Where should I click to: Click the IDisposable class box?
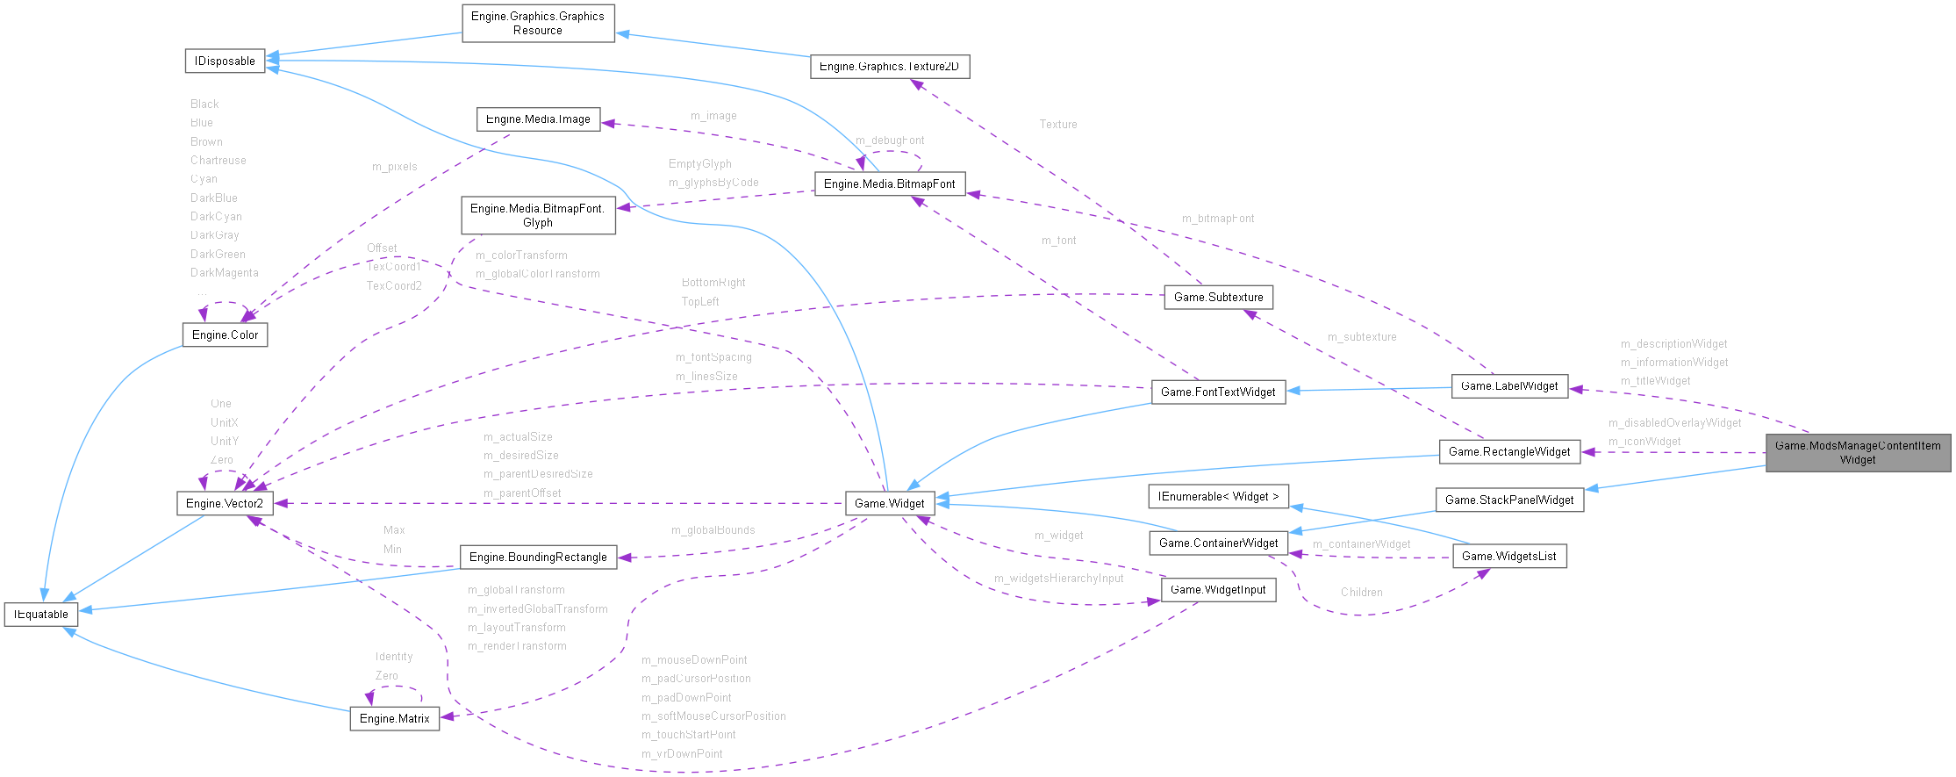(x=225, y=61)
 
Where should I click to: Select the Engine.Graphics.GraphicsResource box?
(x=538, y=24)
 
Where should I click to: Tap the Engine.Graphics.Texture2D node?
(x=889, y=67)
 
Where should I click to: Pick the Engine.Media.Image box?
(x=538, y=119)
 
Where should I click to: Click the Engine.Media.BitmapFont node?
(x=889, y=184)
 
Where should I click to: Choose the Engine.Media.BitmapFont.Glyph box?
(x=538, y=216)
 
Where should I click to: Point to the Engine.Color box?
(x=225, y=335)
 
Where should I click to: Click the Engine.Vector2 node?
(x=225, y=504)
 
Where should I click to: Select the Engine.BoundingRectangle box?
(x=538, y=558)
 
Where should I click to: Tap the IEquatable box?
(x=41, y=615)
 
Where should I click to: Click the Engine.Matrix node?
(x=394, y=719)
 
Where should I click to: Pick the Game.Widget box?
(x=889, y=504)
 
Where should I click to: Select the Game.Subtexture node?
(x=1218, y=298)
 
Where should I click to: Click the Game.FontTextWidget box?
(x=1218, y=392)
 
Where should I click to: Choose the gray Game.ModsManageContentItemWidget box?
(x=1857, y=453)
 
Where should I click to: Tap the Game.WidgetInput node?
(x=1218, y=590)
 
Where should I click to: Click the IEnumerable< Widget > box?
(x=1218, y=497)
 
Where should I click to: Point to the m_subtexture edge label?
(x=1361, y=337)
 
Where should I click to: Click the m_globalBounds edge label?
(x=713, y=530)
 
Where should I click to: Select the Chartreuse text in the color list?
(x=219, y=161)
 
